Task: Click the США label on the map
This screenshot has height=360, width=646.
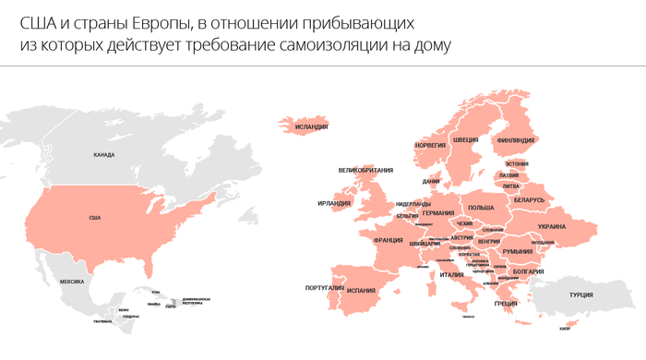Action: pos(94,218)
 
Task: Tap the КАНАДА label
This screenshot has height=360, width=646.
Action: pos(104,154)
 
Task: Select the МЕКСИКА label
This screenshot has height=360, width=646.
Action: pos(71,281)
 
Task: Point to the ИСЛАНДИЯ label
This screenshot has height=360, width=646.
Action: pos(305,128)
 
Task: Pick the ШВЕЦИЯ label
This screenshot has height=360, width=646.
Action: pos(465,140)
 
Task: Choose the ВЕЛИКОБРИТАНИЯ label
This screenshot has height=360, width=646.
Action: pos(366,170)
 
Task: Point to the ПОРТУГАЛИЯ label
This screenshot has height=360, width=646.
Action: pos(324,288)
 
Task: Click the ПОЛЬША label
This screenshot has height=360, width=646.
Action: pos(481,208)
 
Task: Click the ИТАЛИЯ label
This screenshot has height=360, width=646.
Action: pos(451,274)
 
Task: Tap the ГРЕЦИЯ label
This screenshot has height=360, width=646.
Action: pos(506,304)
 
